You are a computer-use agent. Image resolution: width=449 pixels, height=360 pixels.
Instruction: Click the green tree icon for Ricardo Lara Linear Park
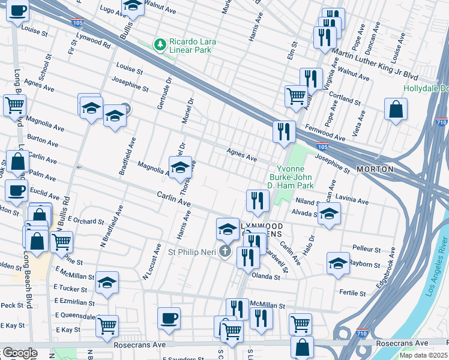click(x=160, y=44)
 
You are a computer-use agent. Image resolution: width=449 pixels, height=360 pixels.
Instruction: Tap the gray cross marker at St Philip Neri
click(x=225, y=251)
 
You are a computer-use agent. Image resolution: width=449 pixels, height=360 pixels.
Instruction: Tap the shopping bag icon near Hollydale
click(x=396, y=110)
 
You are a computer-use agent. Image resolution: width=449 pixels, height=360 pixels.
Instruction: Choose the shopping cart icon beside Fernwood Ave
click(x=296, y=95)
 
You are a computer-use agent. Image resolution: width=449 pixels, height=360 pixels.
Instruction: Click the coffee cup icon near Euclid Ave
click(x=17, y=191)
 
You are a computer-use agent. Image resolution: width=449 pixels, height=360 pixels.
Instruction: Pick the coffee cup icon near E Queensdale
click(x=169, y=318)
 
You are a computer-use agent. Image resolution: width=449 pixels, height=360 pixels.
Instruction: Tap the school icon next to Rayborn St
click(x=338, y=263)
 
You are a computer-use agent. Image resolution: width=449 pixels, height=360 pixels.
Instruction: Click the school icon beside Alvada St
click(x=328, y=214)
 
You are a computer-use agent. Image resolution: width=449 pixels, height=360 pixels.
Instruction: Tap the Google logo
click(x=19, y=353)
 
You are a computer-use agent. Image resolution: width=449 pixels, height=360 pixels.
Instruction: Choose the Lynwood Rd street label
click(x=93, y=41)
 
